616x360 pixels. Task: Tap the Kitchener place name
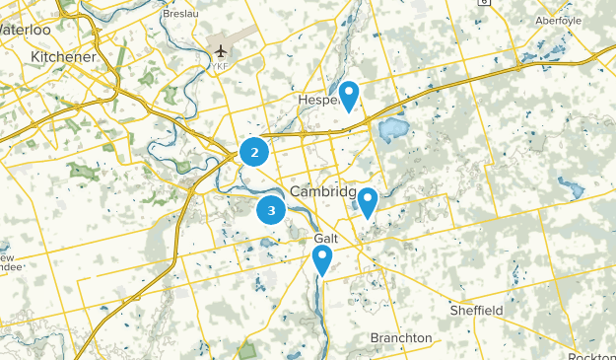point(63,57)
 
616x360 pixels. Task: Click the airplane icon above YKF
point(219,50)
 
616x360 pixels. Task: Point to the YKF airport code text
point(219,67)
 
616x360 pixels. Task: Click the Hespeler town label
point(317,101)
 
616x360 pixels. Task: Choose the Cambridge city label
point(324,191)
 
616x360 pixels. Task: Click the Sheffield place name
point(477,311)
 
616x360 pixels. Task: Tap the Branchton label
point(401,338)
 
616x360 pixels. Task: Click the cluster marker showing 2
point(254,152)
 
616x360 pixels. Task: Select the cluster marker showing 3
point(271,210)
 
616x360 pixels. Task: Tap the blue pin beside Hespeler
point(348,96)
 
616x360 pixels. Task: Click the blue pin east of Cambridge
point(367,202)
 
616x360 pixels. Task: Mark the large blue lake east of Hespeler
point(393,129)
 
